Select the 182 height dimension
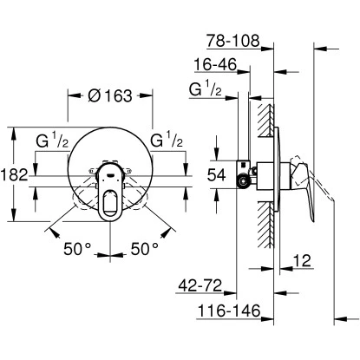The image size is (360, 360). [x=10, y=175]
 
